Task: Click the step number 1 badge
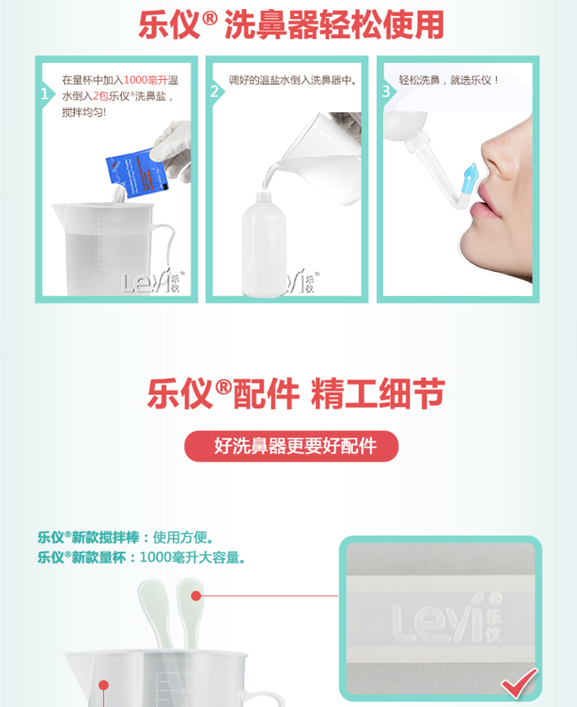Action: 44,94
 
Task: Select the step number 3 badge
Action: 385,91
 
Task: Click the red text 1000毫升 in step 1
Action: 145,80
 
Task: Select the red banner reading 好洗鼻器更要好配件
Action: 292,446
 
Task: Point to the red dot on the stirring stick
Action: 196,596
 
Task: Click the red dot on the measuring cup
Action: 102,685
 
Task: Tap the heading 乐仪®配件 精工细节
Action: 296,394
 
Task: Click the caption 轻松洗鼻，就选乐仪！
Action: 450,80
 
